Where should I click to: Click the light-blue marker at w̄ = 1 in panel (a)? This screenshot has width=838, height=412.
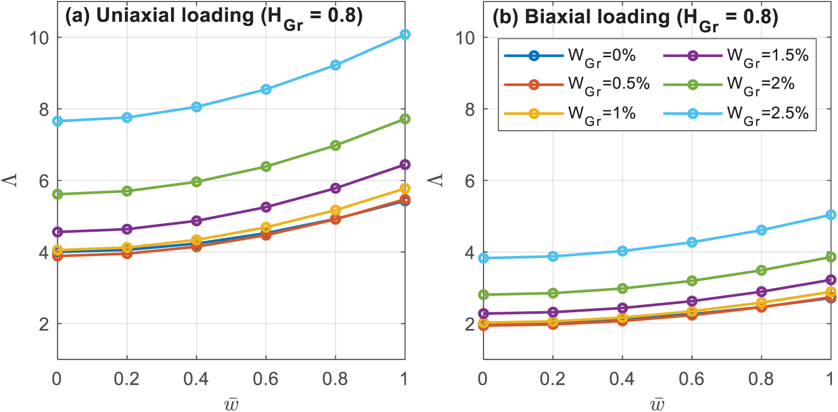(405, 34)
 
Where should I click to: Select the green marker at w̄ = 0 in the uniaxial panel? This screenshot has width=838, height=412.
(57, 194)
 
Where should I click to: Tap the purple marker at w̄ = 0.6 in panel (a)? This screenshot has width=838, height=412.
(266, 207)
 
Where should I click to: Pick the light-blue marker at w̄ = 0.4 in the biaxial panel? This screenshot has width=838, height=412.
(622, 251)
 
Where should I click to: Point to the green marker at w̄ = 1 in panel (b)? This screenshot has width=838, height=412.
(831, 257)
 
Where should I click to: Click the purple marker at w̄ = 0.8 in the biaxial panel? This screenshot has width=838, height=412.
(761, 292)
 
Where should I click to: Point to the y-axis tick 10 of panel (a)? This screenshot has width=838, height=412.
(39, 37)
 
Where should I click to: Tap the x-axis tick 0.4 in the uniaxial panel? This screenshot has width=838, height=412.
(196, 379)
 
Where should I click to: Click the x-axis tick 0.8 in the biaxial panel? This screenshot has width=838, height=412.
(761, 379)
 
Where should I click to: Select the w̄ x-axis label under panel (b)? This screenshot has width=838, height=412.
(657, 403)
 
